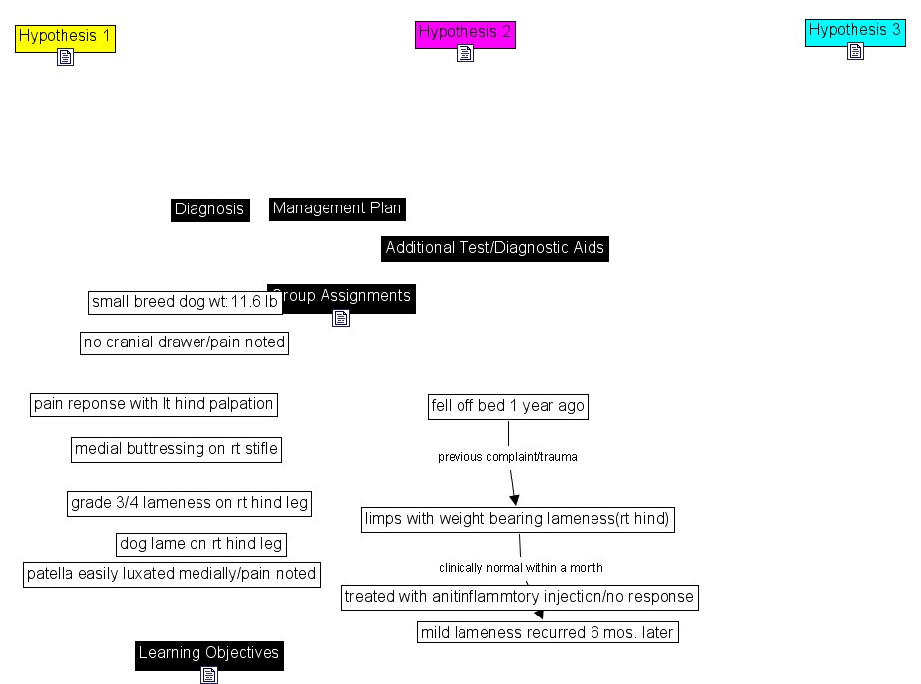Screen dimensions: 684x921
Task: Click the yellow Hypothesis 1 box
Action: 66,37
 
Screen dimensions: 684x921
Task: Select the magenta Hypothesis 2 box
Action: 464,33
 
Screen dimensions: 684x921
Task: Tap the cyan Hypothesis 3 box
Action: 855,31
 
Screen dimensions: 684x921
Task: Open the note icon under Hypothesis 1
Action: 66,58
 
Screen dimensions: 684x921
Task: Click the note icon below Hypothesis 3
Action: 855,51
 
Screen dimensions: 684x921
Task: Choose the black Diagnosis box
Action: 209,209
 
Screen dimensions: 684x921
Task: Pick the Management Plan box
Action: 336,208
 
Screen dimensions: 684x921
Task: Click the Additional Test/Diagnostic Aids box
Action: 494,248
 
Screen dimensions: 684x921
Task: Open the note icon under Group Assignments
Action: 341,318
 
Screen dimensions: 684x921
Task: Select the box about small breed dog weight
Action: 185,302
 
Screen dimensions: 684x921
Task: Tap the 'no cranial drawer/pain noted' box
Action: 185,343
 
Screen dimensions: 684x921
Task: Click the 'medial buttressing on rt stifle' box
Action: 177,449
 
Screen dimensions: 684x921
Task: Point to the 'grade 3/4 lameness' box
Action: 190,503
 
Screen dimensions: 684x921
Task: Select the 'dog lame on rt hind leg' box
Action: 201,544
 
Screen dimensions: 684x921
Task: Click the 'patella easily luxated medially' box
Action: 172,574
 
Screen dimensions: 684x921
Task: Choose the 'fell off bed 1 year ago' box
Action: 508,406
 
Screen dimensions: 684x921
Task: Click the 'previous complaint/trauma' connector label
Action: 507,457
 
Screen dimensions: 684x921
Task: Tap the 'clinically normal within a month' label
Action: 521,568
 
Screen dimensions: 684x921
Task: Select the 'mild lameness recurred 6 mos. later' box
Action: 547,632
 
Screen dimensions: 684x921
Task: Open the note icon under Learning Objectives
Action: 209,675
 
